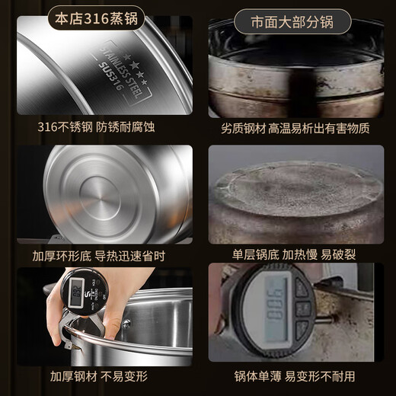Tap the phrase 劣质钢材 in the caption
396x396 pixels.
click(238, 127)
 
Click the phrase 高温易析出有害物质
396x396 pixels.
click(319, 127)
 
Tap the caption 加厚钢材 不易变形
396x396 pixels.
click(100, 376)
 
